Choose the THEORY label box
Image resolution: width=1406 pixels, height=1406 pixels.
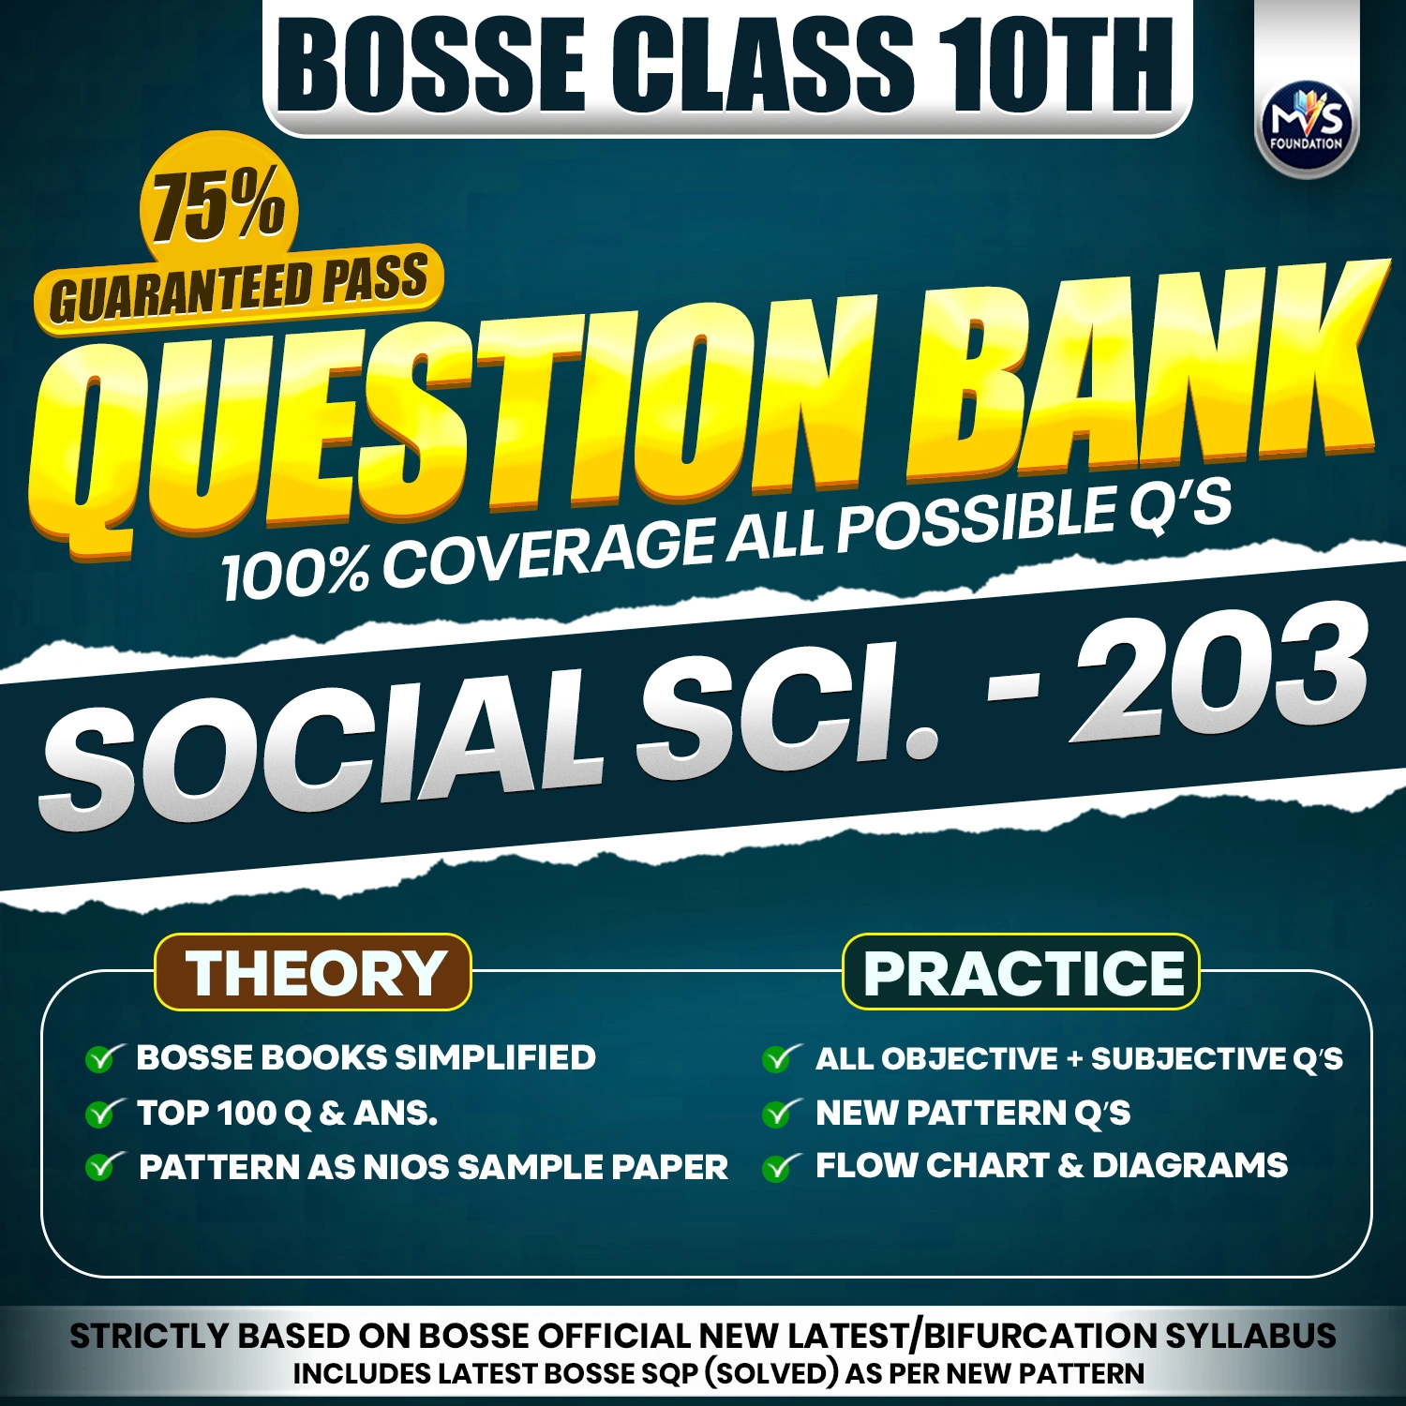point(313,972)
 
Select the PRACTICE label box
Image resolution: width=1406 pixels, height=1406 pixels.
point(1022,972)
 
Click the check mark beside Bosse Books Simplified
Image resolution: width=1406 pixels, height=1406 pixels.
point(102,1058)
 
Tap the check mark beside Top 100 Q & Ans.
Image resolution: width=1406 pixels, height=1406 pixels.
point(102,1113)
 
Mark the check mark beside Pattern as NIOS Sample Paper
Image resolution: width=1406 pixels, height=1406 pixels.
point(102,1167)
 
